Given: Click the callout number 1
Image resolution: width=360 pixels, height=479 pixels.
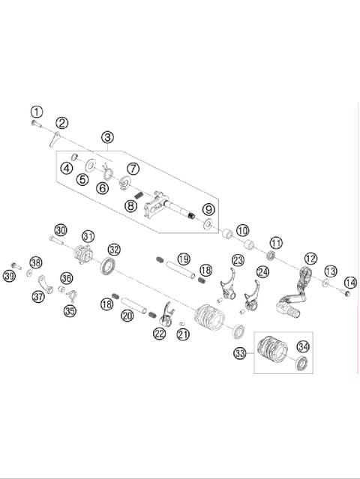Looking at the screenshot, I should pyautogui.click(x=37, y=111).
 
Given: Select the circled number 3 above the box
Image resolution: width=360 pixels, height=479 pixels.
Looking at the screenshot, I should pyautogui.click(x=109, y=137).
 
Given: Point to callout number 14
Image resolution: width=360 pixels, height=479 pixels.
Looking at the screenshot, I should pyautogui.click(x=349, y=283).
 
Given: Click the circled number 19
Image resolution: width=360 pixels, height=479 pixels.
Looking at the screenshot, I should pyautogui.click(x=183, y=259).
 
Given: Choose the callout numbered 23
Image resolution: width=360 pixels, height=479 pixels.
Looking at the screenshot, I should pyautogui.click(x=238, y=260).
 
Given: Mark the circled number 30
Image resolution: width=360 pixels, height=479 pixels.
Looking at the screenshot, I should pyautogui.click(x=60, y=229).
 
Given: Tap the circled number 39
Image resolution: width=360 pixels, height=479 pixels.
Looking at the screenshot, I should pyautogui.click(x=9, y=277).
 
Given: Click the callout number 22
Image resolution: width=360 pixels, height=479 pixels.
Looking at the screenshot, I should pyautogui.click(x=159, y=334).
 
